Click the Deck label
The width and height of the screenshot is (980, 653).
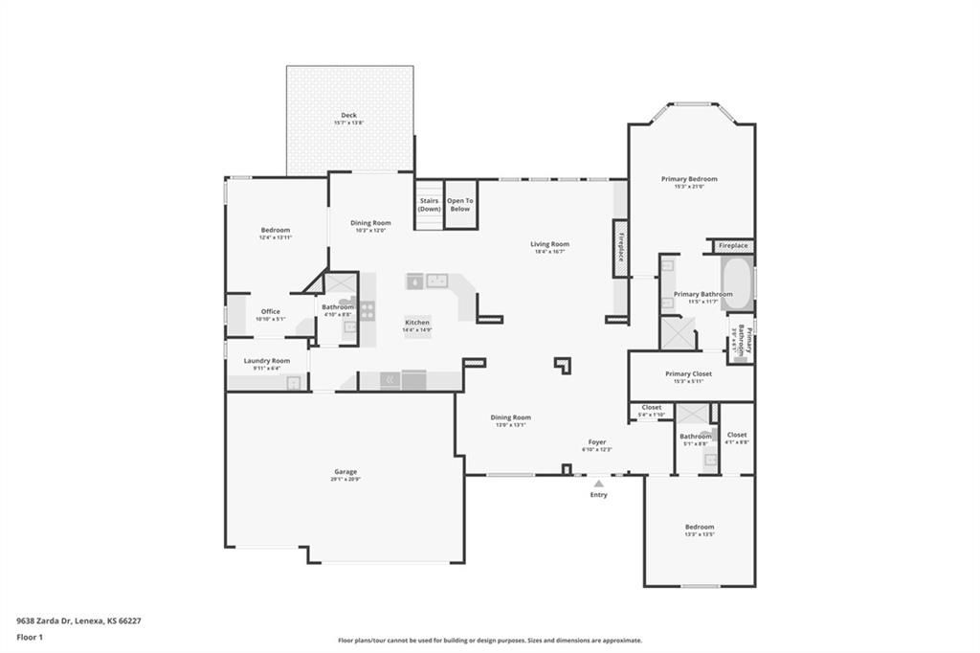(x=349, y=116)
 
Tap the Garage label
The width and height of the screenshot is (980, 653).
(x=345, y=472)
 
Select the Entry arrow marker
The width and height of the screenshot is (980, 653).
(x=598, y=484)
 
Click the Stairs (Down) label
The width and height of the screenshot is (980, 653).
(x=430, y=204)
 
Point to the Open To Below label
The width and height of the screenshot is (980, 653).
(x=461, y=204)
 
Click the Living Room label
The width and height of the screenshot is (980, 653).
(x=550, y=244)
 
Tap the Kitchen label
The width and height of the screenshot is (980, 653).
(x=417, y=323)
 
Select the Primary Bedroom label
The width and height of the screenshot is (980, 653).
(x=689, y=179)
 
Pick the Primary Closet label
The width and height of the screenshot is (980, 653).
(x=689, y=374)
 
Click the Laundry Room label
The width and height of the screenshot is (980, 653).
(x=267, y=361)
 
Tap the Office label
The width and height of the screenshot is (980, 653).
(x=271, y=311)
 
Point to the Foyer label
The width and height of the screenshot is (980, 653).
(x=598, y=443)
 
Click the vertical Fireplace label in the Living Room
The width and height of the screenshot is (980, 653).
(x=620, y=247)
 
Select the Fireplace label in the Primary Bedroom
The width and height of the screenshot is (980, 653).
(x=733, y=246)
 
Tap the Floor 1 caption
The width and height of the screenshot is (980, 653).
(x=29, y=637)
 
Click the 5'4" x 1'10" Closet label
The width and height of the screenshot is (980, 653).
(x=652, y=408)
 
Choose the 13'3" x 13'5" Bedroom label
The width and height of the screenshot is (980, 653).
(x=699, y=528)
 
